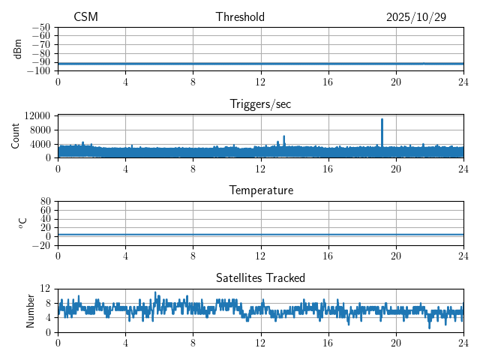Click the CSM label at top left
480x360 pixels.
[85, 17]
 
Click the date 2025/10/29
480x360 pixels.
[416, 17]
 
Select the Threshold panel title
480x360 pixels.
[240, 17]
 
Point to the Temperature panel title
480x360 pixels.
[260, 190]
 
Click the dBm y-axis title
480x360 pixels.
[18, 49]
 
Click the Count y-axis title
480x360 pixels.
[15, 136]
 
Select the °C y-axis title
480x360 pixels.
[22, 223]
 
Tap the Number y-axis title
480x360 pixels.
[30, 310]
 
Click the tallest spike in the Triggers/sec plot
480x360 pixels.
[382, 120]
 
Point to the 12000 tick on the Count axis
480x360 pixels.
[37, 116]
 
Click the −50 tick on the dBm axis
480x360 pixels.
[41, 27]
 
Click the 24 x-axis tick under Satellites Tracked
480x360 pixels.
[463, 343]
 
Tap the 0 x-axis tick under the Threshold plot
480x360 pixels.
[58, 81]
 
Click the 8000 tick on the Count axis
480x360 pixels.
[40, 130]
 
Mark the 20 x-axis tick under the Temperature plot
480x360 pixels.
[396, 256]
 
